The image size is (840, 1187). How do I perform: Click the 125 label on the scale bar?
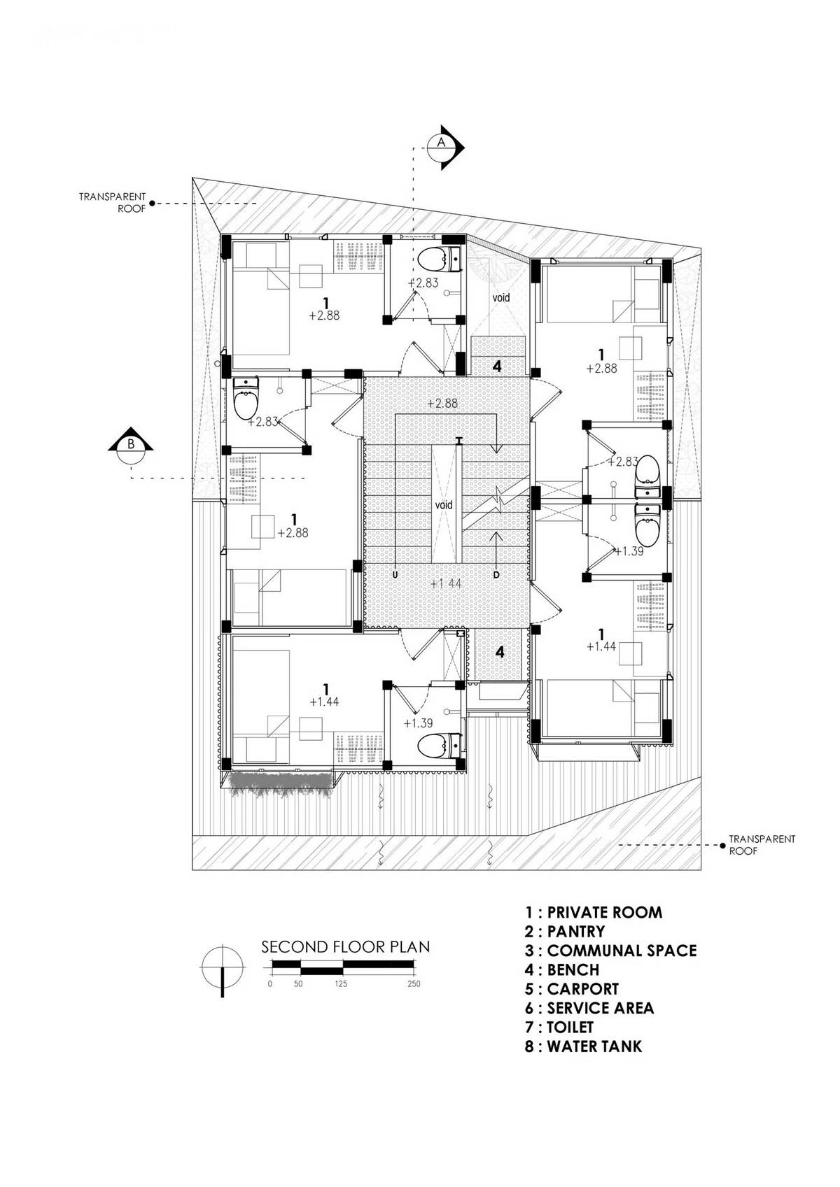pos(340,984)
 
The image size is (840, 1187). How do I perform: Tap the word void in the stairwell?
pos(444,504)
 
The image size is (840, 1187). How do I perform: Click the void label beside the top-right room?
pos(501,297)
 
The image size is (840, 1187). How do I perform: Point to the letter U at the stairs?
pos(395,574)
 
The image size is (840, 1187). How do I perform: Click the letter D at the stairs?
pos(496,574)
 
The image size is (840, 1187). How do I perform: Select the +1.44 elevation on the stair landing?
pos(447,583)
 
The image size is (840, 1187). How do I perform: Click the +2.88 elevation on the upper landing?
pos(442,404)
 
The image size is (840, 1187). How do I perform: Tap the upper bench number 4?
pos(497,366)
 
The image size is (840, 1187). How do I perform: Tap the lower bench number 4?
pos(500,653)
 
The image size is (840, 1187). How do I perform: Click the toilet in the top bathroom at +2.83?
pos(439,259)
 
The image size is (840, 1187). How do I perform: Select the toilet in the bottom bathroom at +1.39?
pos(439,746)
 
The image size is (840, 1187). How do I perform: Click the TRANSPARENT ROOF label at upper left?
pos(113,202)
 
